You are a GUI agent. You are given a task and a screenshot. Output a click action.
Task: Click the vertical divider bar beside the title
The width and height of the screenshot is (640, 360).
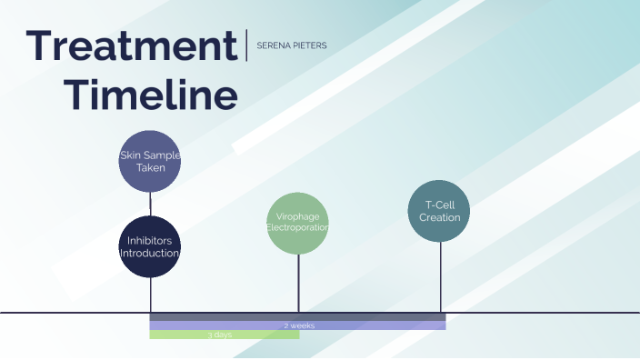[x=246, y=45]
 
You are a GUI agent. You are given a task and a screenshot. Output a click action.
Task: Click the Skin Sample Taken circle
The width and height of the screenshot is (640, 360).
[x=151, y=161]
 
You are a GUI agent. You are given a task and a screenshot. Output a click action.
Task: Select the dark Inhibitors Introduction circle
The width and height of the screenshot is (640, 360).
[x=150, y=246]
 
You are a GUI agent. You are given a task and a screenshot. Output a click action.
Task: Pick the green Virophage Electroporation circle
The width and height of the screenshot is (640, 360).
[x=297, y=223]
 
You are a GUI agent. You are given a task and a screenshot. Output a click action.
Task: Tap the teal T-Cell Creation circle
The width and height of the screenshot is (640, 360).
[x=440, y=212]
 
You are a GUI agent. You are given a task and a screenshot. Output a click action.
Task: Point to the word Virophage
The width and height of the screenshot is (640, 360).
[x=297, y=216]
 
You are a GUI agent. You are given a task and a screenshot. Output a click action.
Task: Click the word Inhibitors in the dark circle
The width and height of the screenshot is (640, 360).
[x=150, y=241]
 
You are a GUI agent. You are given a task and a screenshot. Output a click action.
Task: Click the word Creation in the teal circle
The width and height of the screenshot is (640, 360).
[x=440, y=218]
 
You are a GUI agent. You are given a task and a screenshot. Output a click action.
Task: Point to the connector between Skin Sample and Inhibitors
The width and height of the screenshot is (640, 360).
[x=150, y=203]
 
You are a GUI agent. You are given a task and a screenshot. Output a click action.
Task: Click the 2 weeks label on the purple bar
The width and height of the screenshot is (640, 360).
[x=299, y=325]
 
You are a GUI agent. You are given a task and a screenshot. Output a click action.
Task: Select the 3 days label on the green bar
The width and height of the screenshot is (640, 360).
[x=220, y=335]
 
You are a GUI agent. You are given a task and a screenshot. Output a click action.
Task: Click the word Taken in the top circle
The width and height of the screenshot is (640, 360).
[x=151, y=168]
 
